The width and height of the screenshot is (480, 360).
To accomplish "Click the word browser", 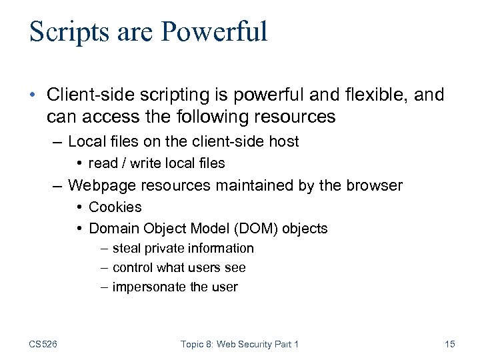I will point(374,185).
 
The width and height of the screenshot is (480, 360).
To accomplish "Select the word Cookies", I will point(115,207).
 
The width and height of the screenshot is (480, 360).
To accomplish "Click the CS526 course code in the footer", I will point(43,344).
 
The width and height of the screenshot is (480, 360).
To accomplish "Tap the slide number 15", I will point(449,344).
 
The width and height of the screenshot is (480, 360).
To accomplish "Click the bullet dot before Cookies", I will point(79,207).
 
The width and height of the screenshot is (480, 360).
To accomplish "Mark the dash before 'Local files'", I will point(58,141).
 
